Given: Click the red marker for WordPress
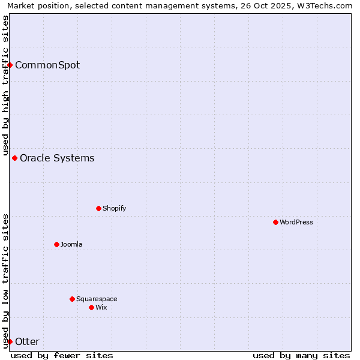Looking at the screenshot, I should (x=275, y=222).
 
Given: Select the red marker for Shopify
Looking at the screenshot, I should (x=98, y=208).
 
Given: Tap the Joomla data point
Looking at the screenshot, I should (x=56, y=244).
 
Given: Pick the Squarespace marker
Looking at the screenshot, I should (x=72, y=299).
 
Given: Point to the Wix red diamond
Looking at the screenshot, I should (x=91, y=307).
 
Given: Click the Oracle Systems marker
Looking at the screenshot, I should (x=14, y=158).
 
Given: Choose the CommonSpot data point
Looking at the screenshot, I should (x=10, y=65).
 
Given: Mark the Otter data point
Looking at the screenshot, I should (x=10, y=341).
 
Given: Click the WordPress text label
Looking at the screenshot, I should (x=296, y=222).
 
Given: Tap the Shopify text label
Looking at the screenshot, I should (x=114, y=208).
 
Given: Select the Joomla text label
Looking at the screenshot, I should (x=71, y=244).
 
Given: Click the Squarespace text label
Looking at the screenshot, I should (x=97, y=299).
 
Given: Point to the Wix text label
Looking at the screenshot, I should (x=101, y=307).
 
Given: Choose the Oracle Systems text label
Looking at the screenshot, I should (x=57, y=158).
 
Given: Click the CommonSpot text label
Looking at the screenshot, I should (x=47, y=65).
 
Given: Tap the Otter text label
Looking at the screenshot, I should (x=27, y=341).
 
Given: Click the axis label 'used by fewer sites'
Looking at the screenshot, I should (x=62, y=355).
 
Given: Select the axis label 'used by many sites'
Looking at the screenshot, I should (x=301, y=355).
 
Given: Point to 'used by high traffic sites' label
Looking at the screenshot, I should (x=5, y=86).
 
